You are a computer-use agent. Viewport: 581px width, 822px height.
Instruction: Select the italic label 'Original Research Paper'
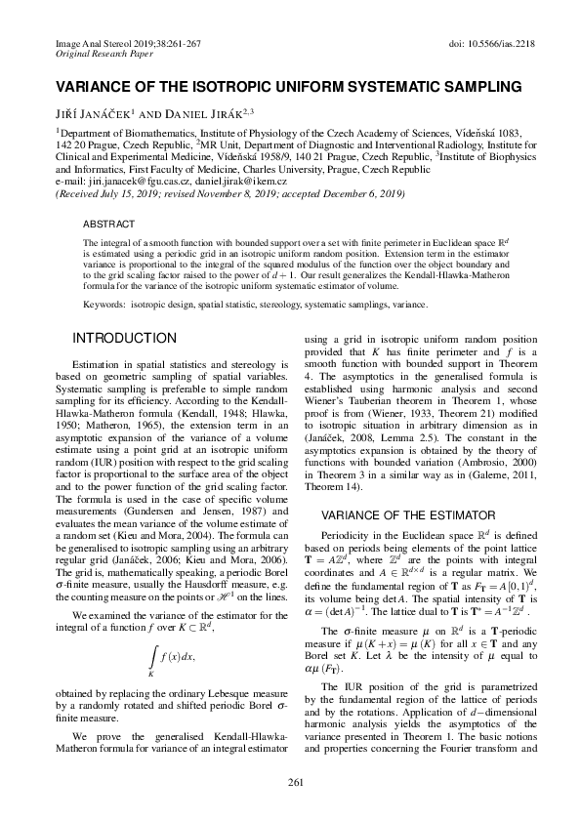click(99, 57)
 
